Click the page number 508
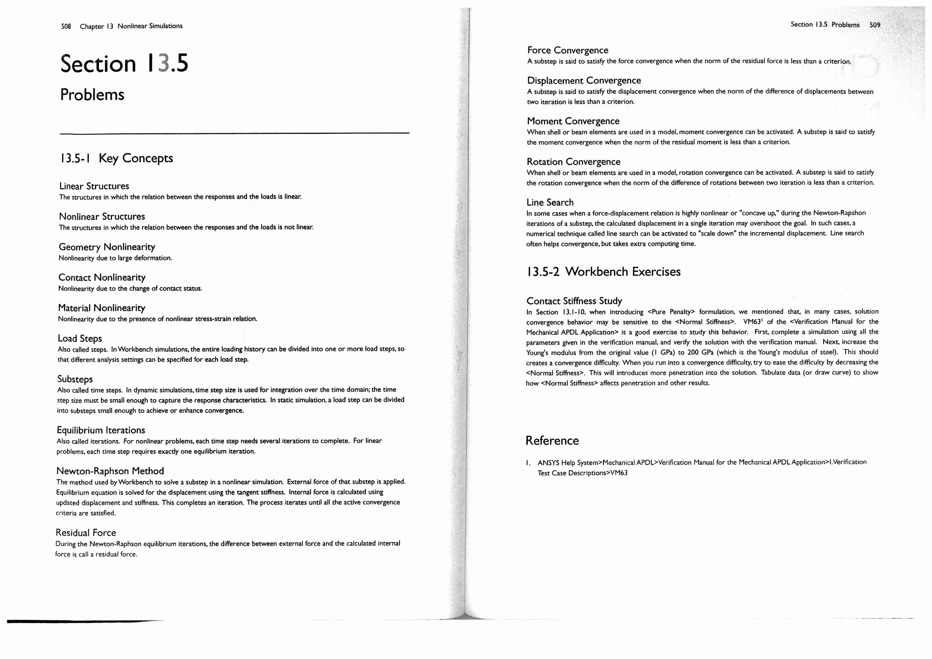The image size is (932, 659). pyautogui.click(x=66, y=26)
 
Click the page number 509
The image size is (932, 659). pyautogui.click(x=875, y=25)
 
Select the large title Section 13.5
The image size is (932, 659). pyautogui.click(x=124, y=63)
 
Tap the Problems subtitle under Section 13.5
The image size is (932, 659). pyautogui.click(x=92, y=95)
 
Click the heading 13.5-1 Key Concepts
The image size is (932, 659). pyautogui.click(x=116, y=158)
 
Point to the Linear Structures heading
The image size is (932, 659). pyautogui.click(x=94, y=186)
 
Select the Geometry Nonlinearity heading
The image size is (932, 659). pyautogui.click(x=107, y=247)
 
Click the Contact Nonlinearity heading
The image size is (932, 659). pyautogui.click(x=102, y=278)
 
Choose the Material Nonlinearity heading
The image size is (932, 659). pyautogui.click(x=101, y=308)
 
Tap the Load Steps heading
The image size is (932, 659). pyautogui.click(x=80, y=339)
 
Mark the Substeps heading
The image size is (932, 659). pyautogui.click(x=75, y=379)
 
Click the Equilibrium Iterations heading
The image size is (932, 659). pyautogui.click(x=101, y=430)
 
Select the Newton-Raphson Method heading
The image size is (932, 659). pyautogui.click(x=110, y=471)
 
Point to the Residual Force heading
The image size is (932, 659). pyautogui.click(x=86, y=533)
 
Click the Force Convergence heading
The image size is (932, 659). pyautogui.click(x=567, y=51)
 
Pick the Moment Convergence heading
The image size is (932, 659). pyautogui.click(x=573, y=121)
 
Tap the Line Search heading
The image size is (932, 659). pyautogui.click(x=550, y=203)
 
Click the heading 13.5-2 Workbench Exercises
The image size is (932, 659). pyautogui.click(x=603, y=272)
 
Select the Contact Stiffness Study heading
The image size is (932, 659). pyautogui.click(x=574, y=301)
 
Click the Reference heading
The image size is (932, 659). pyautogui.click(x=552, y=441)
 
